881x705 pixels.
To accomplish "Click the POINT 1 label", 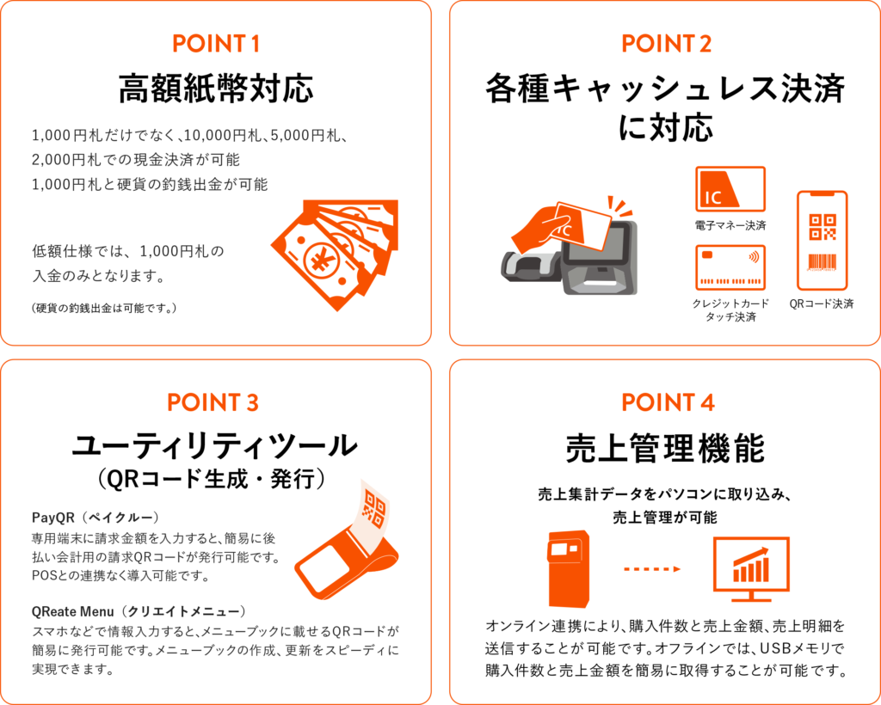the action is pos(216,44).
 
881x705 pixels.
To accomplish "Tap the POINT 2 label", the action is pos(667,44).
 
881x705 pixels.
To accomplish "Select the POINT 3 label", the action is pos(213,402).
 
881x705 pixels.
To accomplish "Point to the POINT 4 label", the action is pos(668,402).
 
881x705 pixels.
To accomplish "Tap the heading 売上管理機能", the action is pos(665,448).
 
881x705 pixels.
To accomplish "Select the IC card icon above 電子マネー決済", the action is pos(730,189).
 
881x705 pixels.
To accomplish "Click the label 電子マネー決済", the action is pos(730,225).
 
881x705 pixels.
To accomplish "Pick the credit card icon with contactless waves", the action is pos(730,267).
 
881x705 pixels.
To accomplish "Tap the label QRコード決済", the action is pos(822,303).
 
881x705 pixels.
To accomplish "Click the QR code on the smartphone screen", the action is pos(822,227).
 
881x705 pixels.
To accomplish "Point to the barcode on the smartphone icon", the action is pos(822,262).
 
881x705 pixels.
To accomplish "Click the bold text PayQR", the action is pos(52,517).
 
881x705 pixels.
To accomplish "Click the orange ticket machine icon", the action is pos(569,569).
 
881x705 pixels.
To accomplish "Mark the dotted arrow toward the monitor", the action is pos(652,569).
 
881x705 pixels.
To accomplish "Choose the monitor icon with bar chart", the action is pos(751,568).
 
